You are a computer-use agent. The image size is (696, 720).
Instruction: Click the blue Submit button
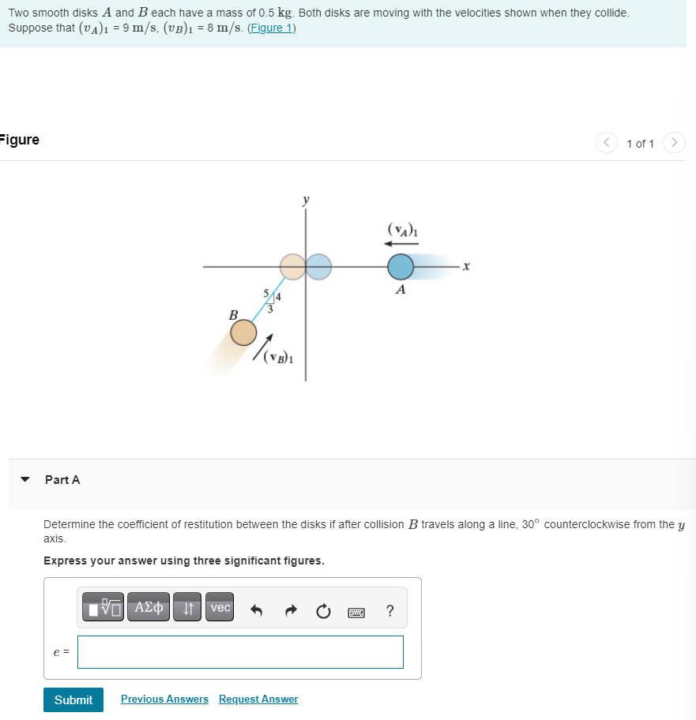click(x=73, y=699)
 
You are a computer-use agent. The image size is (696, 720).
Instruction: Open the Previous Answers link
click(x=164, y=699)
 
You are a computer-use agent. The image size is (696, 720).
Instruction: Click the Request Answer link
click(x=258, y=699)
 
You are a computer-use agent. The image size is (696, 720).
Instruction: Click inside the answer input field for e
click(x=240, y=652)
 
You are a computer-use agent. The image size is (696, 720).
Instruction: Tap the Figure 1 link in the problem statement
click(x=271, y=28)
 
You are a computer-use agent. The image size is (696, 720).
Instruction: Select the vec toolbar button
click(x=220, y=608)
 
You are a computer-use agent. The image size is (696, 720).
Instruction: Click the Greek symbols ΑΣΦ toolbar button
click(x=149, y=608)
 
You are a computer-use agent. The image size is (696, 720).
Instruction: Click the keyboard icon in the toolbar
click(x=356, y=609)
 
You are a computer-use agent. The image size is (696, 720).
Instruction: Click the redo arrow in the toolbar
click(x=289, y=609)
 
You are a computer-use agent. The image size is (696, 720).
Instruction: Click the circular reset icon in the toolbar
click(x=322, y=609)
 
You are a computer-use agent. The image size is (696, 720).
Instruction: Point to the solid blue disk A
click(x=401, y=267)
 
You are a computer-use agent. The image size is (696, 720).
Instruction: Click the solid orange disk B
click(x=243, y=332)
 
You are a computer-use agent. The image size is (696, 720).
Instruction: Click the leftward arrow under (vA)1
click(x=401, y=244)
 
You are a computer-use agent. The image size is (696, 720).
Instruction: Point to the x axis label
click(x=466, y=268)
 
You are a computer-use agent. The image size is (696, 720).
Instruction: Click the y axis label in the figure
click(x=306, y=201)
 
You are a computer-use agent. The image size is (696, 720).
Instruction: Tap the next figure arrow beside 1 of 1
click(x=673, y=143)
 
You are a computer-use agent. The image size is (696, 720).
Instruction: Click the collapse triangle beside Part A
click(x=25, y=479)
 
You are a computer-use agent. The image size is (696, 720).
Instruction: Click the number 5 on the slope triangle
click(x=265, y=294)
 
